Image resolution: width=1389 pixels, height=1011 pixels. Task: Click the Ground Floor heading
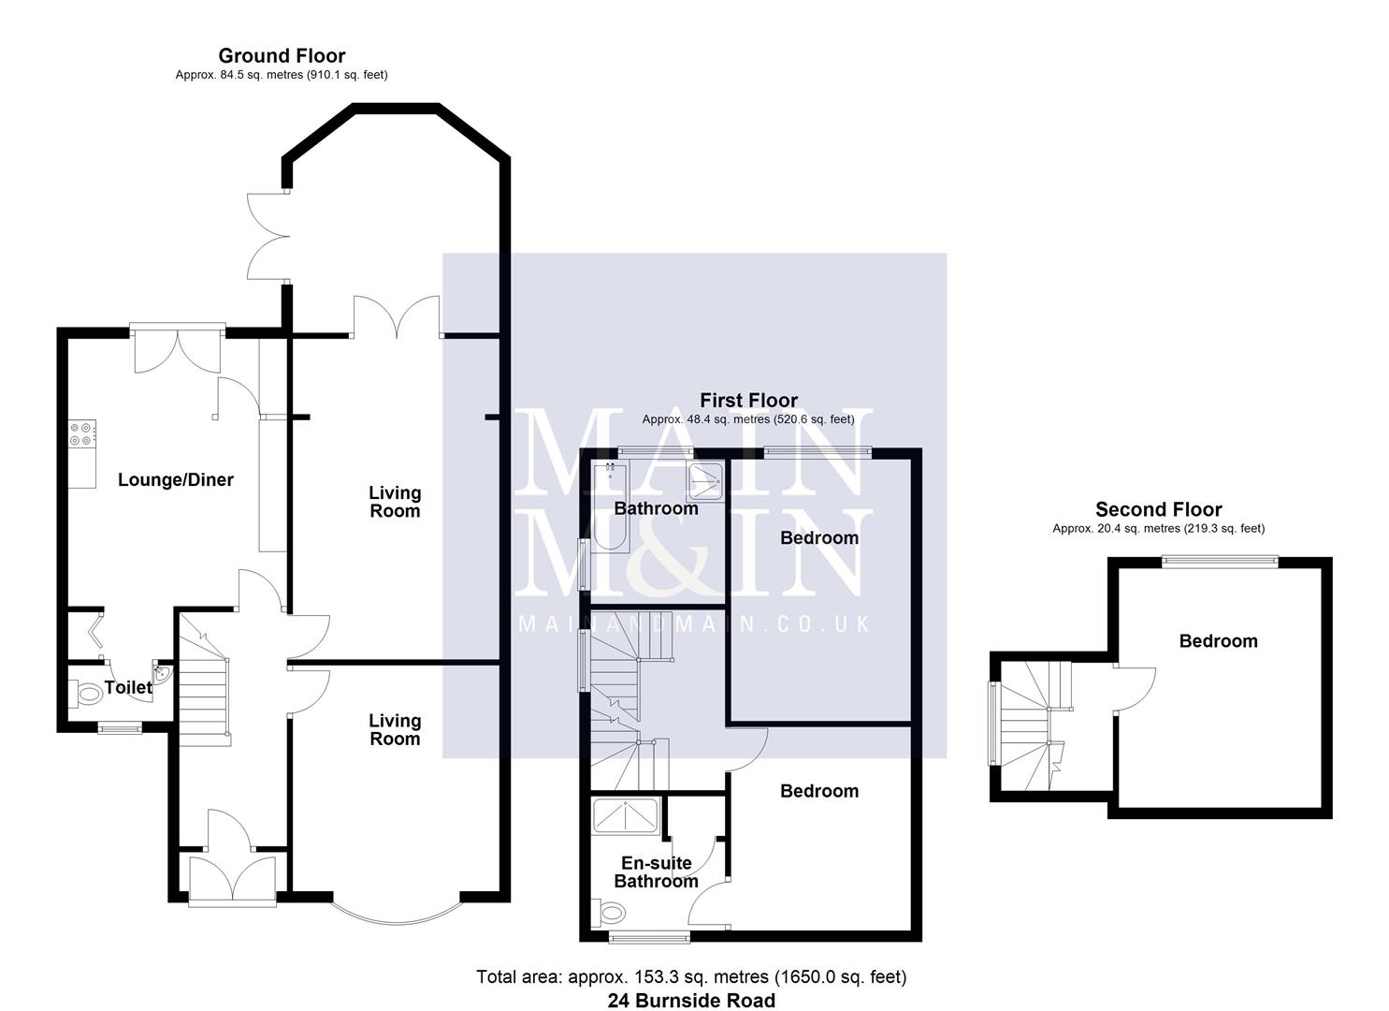[x=282, y=56]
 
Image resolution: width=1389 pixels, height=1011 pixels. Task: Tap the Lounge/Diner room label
[x=176, y=480]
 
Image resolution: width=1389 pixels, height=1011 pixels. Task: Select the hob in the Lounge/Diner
[x=81, y=433]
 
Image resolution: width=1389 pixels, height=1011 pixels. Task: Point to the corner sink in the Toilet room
[x=163, y=673]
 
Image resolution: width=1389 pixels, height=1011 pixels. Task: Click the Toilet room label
[x=128, y=688]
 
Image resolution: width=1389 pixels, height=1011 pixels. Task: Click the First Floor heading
[x=748, y=401]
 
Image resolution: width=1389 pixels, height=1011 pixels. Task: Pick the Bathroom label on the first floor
[x=656, y=508]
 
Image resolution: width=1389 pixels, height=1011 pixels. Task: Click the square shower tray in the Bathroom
[x=705, y=481]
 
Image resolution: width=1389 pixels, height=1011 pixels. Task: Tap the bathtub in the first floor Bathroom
[x=609, y=505]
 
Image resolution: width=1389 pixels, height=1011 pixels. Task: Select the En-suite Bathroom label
[x=656, y=872]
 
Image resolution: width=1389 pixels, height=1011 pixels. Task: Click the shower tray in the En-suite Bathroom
[x=626, y=814]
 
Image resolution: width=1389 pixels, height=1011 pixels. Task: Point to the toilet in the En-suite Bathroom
[x=610, y=911]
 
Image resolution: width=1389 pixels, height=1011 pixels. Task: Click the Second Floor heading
[x=1158, y=510]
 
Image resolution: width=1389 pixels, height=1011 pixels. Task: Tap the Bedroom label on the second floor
[x=1218, y=641]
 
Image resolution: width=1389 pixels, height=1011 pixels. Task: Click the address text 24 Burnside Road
[x=691, y=1001]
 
